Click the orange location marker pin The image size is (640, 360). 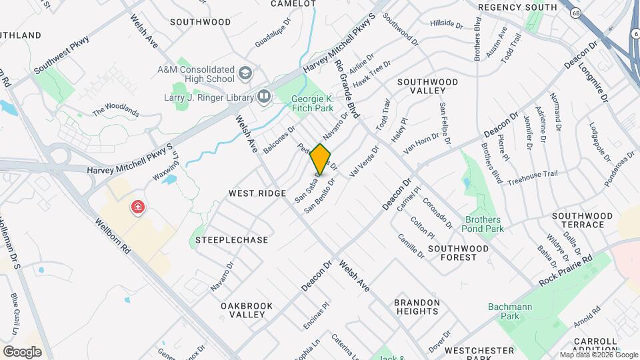[321, 159]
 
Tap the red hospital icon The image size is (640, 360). [138, 207]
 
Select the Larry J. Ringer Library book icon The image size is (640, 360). [264, 97]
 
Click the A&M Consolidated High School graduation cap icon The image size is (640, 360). [246, 71]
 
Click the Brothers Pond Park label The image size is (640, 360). [484, 224]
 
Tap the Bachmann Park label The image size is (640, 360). [503, 311]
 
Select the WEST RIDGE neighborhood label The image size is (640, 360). [253, 193]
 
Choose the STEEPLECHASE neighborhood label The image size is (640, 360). [232, 240]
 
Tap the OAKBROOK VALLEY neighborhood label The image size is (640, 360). [247, 310]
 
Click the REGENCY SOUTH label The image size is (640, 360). [517, 7]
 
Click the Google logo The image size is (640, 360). [22, 351]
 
